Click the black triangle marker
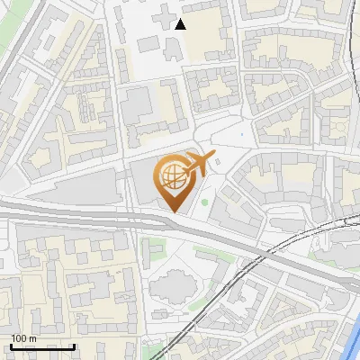click(181, 24)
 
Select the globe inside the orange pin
click(171, 177)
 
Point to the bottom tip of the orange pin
click(173, 211)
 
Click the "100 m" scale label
click(23, 338)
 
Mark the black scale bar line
click(42, 346)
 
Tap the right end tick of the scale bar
click(74, 345)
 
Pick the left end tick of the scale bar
click(11, 345)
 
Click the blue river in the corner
click(351, 342)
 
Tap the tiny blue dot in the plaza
click(241, 136)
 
